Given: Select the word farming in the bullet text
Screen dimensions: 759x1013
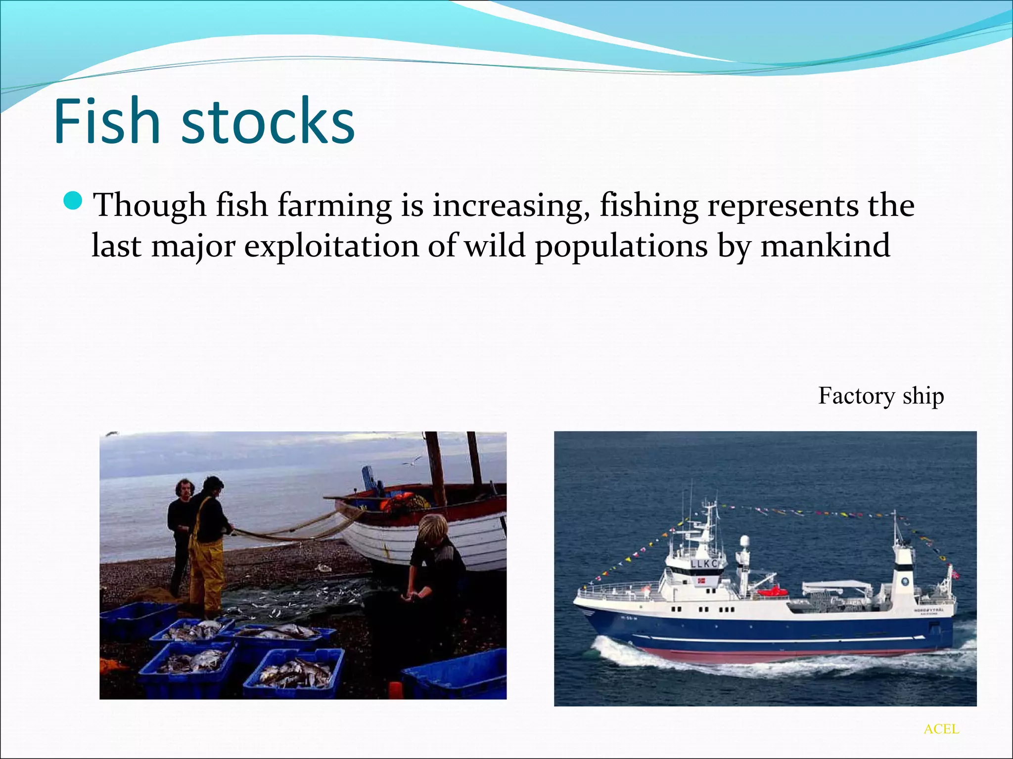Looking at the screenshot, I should pyautogui.click(x=334, y=205).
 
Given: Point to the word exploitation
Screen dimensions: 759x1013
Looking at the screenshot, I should pyautogui.click(x=331, y=246).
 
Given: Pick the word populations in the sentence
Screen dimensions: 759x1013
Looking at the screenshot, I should pyautogui.click(x=621, y=246).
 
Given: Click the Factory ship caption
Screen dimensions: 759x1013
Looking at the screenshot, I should pyautogui.click(x=881, y=396).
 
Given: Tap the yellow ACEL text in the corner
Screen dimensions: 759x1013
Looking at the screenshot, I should pyautogui.click(x=941, y=729).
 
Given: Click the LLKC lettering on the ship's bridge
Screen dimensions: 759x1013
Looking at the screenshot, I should pyautogui.click(x=704, y=564).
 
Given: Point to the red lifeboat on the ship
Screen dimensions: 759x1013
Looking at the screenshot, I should pyautogui.click(x=772, y=590).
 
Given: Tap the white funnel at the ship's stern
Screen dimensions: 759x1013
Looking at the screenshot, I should pyautogui.click(x=904, y=573).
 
